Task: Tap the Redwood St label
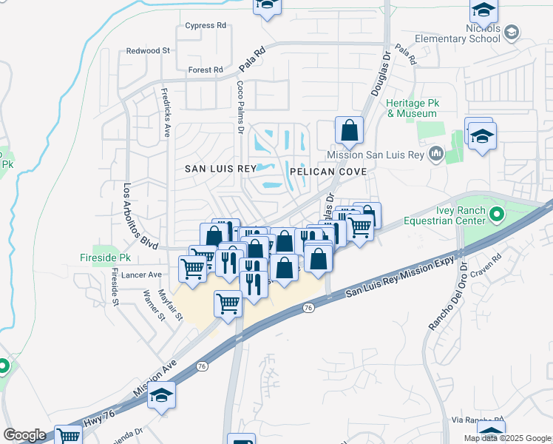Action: [x=148, y=51]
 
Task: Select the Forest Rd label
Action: [x=206, y=70]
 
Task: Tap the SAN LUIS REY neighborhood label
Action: [x=220, y=169]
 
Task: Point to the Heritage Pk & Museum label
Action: [x=412, y=109]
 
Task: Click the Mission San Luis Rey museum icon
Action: [x=435, y=154]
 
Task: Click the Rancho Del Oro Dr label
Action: [x=446, y=295]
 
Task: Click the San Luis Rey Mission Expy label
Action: [x=400, y=273]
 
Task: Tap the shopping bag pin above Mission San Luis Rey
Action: [x=348, y=131]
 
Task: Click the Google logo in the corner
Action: [x=24, y=435]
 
